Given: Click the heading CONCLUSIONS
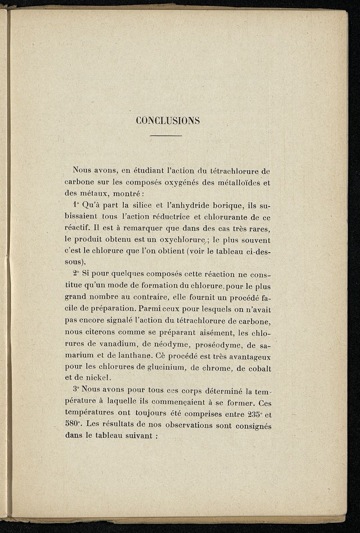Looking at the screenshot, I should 167,121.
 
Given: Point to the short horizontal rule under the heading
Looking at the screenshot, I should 166,135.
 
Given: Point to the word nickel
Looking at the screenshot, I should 103,379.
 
